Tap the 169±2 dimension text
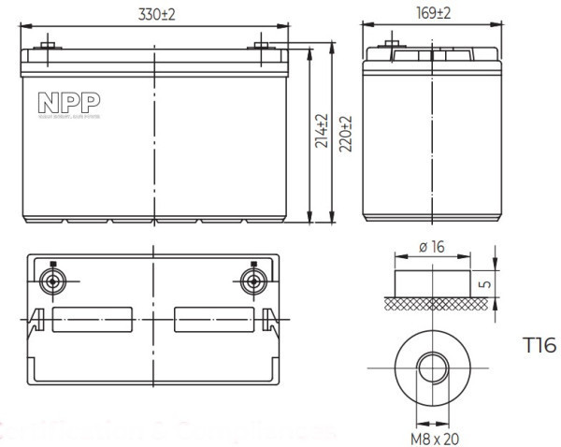point(432,14)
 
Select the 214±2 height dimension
point(323,131)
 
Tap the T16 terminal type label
point(539,346)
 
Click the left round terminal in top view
point(52,281)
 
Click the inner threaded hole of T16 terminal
point(432,367)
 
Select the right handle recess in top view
point(213,320)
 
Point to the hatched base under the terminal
point(432,304)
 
